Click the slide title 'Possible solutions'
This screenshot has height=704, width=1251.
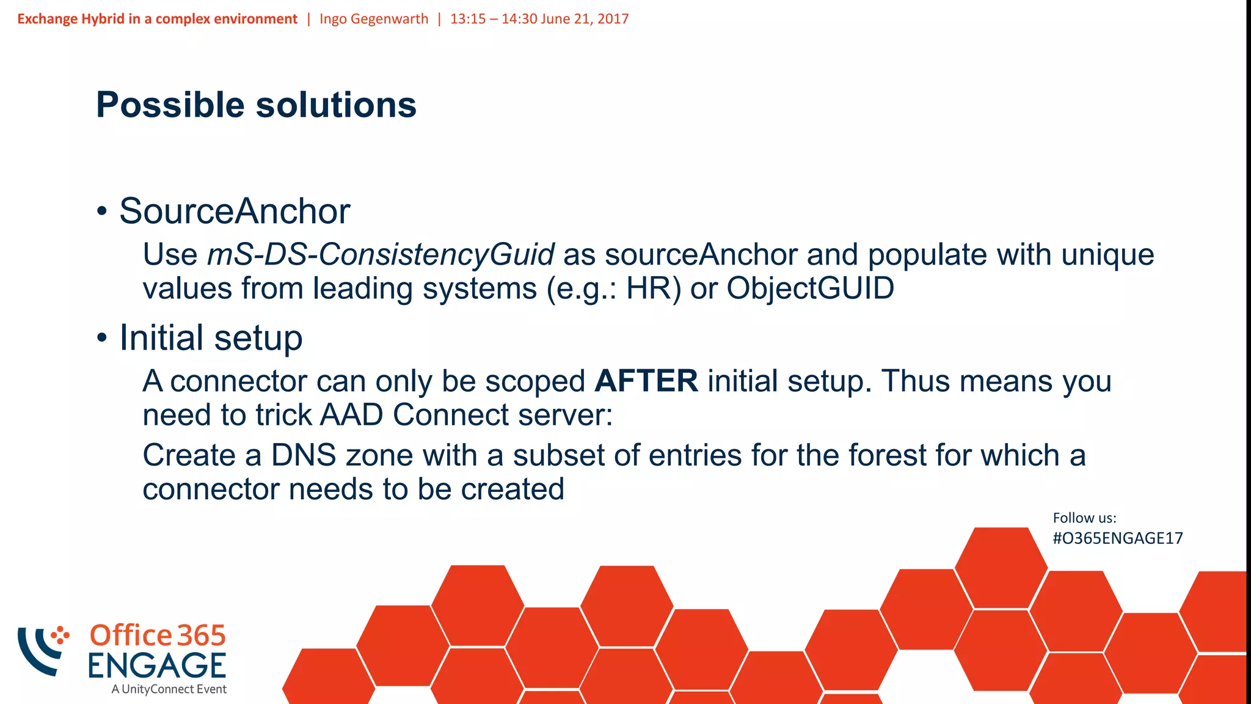[x=256, y=105]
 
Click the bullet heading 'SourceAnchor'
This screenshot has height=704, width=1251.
[x=235, y=211]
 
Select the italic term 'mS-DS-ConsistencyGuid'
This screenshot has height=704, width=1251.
[x=381, y=254]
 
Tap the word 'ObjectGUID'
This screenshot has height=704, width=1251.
[x=810, y=288]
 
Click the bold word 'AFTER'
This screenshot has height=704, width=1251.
[x=646, y=381]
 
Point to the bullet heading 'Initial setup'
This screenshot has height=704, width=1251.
[x=211, y=337]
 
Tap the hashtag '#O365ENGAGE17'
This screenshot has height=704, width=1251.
[x=1117, y=538]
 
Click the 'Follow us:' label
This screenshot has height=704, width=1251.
[x=1084, y=518]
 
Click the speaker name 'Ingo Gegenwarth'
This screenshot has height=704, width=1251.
[x=374, y=19]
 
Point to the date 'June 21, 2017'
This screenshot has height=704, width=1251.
[x=584, y=19]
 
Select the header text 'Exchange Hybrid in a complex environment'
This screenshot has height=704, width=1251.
[x=157, y=19]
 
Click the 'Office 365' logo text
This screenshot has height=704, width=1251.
[x=158, y=636]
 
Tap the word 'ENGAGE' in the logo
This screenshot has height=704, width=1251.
[x=157, y=665]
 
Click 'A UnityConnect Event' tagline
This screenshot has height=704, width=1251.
[x=169, y=689]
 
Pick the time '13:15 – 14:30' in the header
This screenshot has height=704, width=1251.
[x=493, y=19]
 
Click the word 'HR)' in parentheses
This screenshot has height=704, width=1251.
[x=653, y=288]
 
